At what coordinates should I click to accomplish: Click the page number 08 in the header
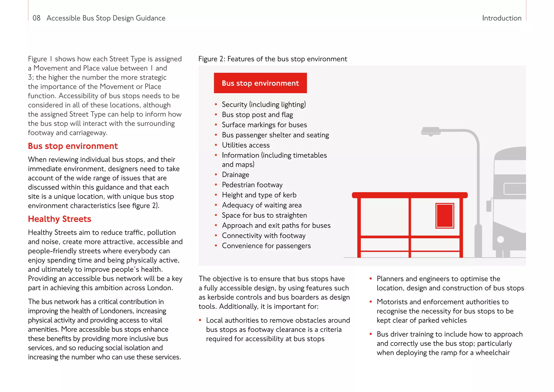[36, 18]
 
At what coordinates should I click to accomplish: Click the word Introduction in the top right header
[502, 18]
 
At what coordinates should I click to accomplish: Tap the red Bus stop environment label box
[260, 83]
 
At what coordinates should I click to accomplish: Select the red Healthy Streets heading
[60, 219]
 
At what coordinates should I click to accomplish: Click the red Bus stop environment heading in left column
[73, 146]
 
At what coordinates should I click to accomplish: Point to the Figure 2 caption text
[272, 59]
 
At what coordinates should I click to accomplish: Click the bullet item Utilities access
[246, 145]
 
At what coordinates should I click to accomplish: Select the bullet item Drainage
[235, 175]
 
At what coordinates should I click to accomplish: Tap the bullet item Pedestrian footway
[252, 185]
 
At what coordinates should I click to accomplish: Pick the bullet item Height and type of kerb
[259, 195]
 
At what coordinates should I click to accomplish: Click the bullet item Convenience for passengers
[266, 246]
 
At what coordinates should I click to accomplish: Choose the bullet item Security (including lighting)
[264, 104]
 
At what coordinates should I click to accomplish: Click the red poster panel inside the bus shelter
[445, 216]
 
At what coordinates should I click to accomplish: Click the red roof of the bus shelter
[410, 195]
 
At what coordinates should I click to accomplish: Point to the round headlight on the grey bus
[500, 240]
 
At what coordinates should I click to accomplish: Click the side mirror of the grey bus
[489, 206]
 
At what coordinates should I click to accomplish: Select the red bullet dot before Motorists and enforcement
[371, 302]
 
